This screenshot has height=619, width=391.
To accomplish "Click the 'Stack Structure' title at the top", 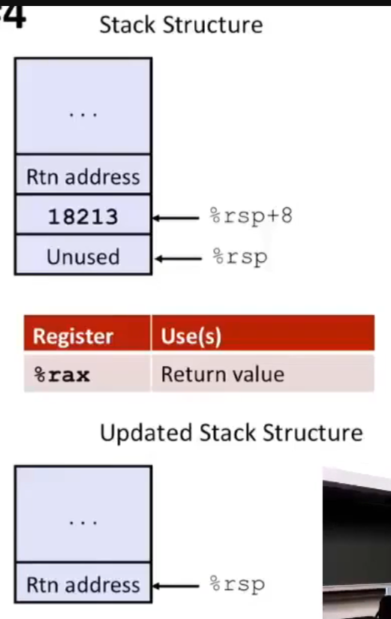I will point(181,25).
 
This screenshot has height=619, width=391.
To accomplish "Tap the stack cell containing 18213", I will point(83,217).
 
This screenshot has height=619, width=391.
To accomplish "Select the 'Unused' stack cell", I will point(83,257).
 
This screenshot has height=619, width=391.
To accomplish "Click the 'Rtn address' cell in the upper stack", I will point(83,177).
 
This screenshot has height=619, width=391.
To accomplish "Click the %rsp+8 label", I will point(250,217).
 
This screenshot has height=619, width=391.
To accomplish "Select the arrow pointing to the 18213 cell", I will point(177,218).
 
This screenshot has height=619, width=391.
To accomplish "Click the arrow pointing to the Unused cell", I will point(177,257).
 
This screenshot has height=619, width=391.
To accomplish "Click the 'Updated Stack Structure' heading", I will point(231,433).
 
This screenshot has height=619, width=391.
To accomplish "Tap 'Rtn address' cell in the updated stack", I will point(83,585).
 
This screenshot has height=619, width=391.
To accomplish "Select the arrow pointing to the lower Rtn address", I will point(177,586).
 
